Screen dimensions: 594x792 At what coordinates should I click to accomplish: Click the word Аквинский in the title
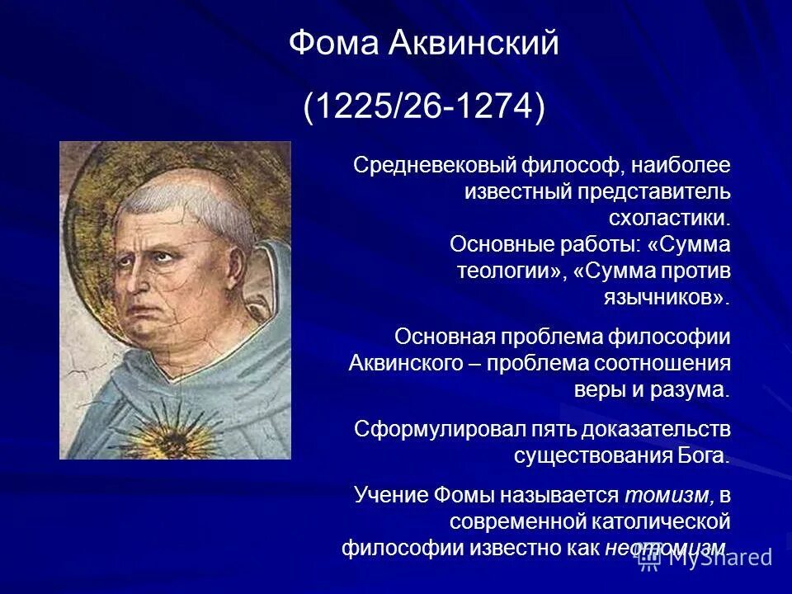pyautogui.click(x=473, y=44)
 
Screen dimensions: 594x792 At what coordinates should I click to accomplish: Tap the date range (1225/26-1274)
pyautogui.click(x=424, y=108)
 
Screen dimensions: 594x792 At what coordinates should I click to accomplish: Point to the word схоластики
pyautogui.click(x=669, y=219)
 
